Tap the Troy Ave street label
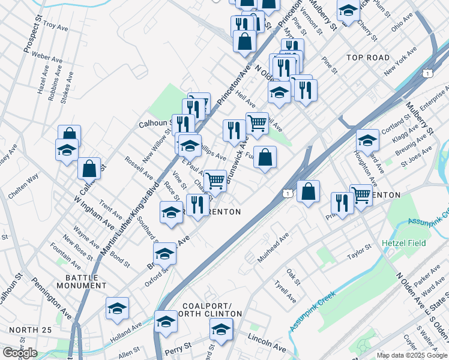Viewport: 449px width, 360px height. pyautogui.click(x=58, y=26)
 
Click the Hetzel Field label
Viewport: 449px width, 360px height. pyautogui.click(x=404, y=243)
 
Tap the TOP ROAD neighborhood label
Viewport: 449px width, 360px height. pyautogui.click(x=368, y=58)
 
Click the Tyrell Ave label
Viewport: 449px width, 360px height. pyautogui.click(x=285, y=292)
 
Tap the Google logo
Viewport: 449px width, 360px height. pyautogui.click(x=20, y=353)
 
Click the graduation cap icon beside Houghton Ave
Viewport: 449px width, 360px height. pyautogui.click(x=367, y=140)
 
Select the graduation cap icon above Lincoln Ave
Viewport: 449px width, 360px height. pyautogui.click(x=221, y=329)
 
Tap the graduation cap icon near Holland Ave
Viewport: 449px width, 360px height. pyautogui.click(x=117, y=308)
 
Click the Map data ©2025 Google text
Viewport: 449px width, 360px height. pyautogui.click(x=412, y=355)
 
